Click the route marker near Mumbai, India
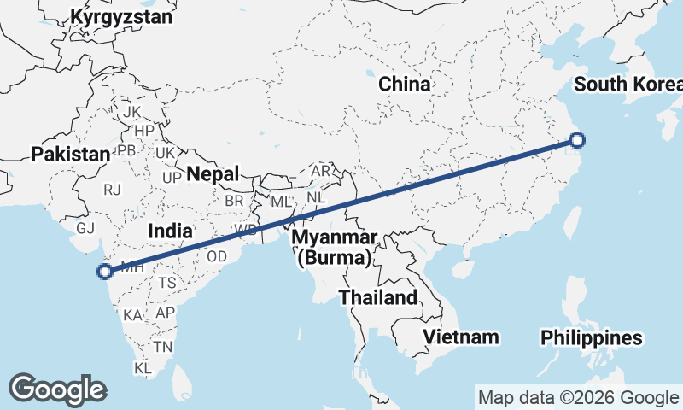[105, 272]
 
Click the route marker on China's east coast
[577, 140]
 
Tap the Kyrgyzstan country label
[121, 17]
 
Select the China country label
[405, 84]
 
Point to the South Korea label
[628, 84]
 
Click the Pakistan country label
[71, 155]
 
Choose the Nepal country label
[213, 173]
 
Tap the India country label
[169, 231]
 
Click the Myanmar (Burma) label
[334, 246]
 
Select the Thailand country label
[378, 297]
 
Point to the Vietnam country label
[462, 337]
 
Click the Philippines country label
[592, 338]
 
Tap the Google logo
[57, 389]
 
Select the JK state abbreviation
[131, 112]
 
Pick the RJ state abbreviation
[112, 190]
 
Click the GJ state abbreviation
[85, 228]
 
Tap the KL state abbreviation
[143, 367]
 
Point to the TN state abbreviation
[162, 346]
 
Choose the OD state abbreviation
[217, 256]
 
